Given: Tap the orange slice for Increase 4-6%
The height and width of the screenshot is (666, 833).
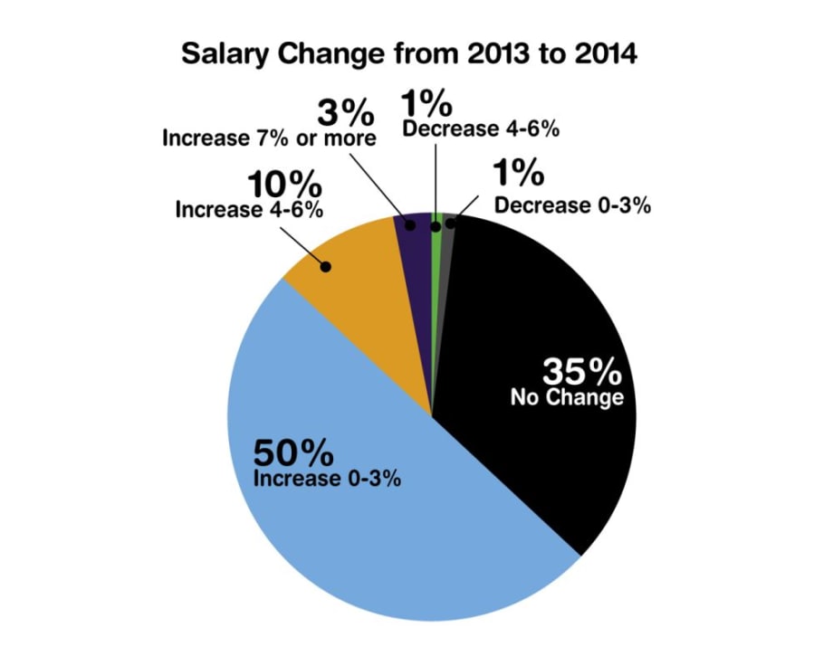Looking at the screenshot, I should coord(362,299).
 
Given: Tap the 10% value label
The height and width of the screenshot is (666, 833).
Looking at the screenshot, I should coord(285,186).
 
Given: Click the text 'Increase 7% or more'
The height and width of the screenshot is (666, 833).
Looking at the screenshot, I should coord(268,138).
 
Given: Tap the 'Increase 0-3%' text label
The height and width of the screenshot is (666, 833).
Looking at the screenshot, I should coord(327,478).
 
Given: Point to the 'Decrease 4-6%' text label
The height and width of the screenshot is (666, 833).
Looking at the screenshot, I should coord(481,128).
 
